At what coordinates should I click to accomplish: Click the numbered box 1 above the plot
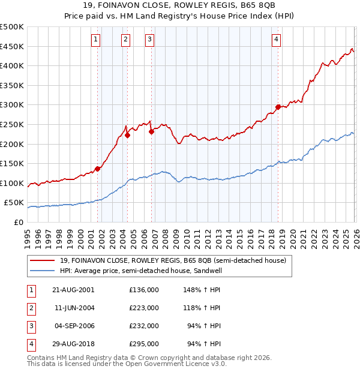pos(96,40)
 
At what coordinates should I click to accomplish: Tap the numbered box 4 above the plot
pos(276,40)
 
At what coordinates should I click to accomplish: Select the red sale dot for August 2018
pos(278,107)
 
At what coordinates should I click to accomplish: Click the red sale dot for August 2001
pos(98,169)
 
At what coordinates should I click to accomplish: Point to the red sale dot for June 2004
pos(127,135)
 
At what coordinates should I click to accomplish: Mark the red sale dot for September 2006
pos(151,132)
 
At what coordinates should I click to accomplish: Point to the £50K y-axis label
pos(14,203)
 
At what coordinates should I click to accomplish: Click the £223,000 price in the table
pos(144,308)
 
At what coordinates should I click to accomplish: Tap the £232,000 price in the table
pos(144,326)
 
